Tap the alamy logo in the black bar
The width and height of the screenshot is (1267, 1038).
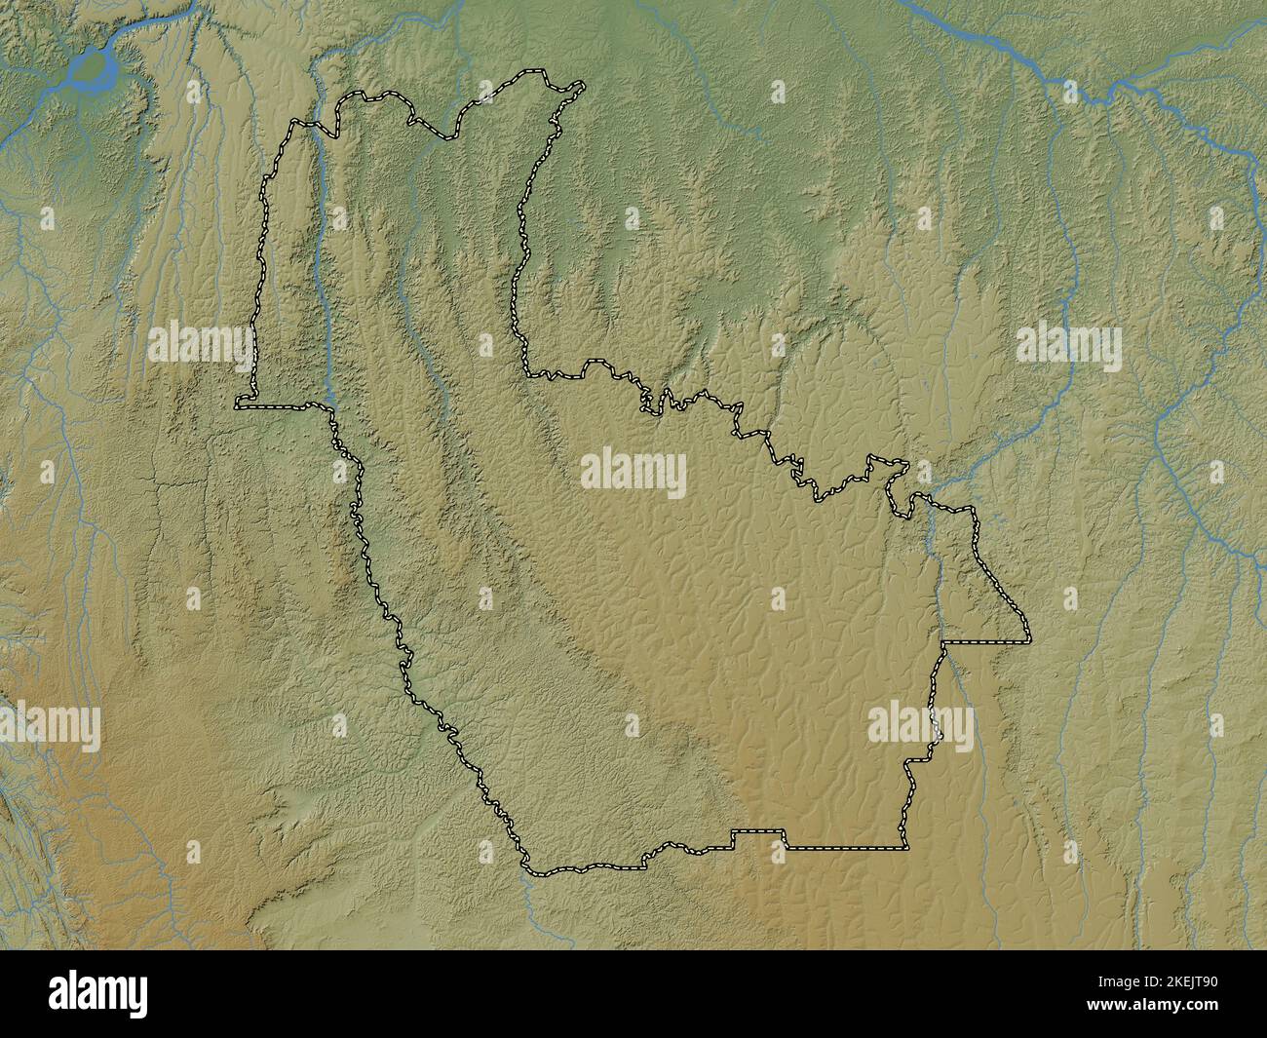(x=99, y=993)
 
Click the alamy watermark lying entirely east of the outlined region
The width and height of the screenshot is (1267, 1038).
(x=1068, y=344)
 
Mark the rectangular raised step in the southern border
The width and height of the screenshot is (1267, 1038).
(x=759, y=835)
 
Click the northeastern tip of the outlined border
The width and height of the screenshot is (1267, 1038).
(x=582, y=85)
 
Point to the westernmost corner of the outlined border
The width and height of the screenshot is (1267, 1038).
(x=237, y=404)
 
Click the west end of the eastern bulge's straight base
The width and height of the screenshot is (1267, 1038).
(x=942, y=643)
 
